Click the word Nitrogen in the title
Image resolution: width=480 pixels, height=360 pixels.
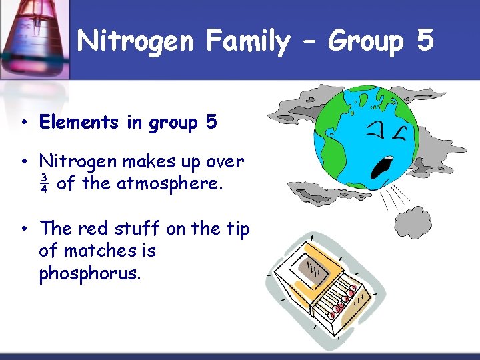pyautogui.click(x=135, y=42)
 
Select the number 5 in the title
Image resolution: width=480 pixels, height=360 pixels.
pyautogui.click(x=425, y=41)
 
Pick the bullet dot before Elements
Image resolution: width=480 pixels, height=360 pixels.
pyautogui.click(x=23, y=123)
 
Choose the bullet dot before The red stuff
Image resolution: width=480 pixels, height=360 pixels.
pyautogui.click(x=23, y=229)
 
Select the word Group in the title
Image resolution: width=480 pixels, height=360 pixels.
pyautogui.click(x=366, y=42)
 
